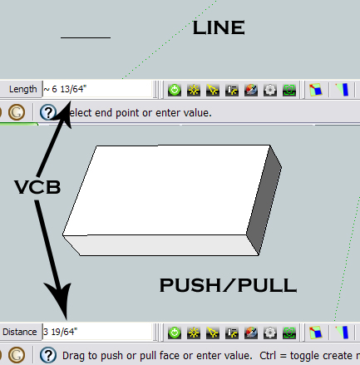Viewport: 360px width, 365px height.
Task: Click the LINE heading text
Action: tap(219, 27)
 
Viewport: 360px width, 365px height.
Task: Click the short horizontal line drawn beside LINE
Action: tap(86, 37)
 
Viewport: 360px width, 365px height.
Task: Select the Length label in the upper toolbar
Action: tap(22, 89)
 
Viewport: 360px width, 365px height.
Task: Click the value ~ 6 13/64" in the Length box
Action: tap(65, 89)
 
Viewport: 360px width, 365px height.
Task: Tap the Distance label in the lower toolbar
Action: tap(20, 332)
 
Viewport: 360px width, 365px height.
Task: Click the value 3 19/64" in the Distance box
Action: tap(60, 332)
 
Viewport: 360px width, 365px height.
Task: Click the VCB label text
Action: tap(37, 187)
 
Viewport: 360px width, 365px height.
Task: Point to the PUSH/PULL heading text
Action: tap(228, 285)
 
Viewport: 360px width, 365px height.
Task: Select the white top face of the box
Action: tap(166, 190)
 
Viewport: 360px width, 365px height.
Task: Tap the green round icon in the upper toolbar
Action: tap(175, 90)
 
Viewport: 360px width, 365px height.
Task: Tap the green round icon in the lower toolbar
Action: tap(175, 333)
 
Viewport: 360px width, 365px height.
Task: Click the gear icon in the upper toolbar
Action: tap(270, 90)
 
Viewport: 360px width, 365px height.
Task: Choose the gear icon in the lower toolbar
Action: tap(270, 333)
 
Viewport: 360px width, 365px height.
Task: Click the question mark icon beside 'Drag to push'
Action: tap(48, 355)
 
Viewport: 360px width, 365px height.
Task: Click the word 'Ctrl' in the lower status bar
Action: tap(268, 355)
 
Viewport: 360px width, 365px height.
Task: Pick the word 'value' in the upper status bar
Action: tap(197, 113)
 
